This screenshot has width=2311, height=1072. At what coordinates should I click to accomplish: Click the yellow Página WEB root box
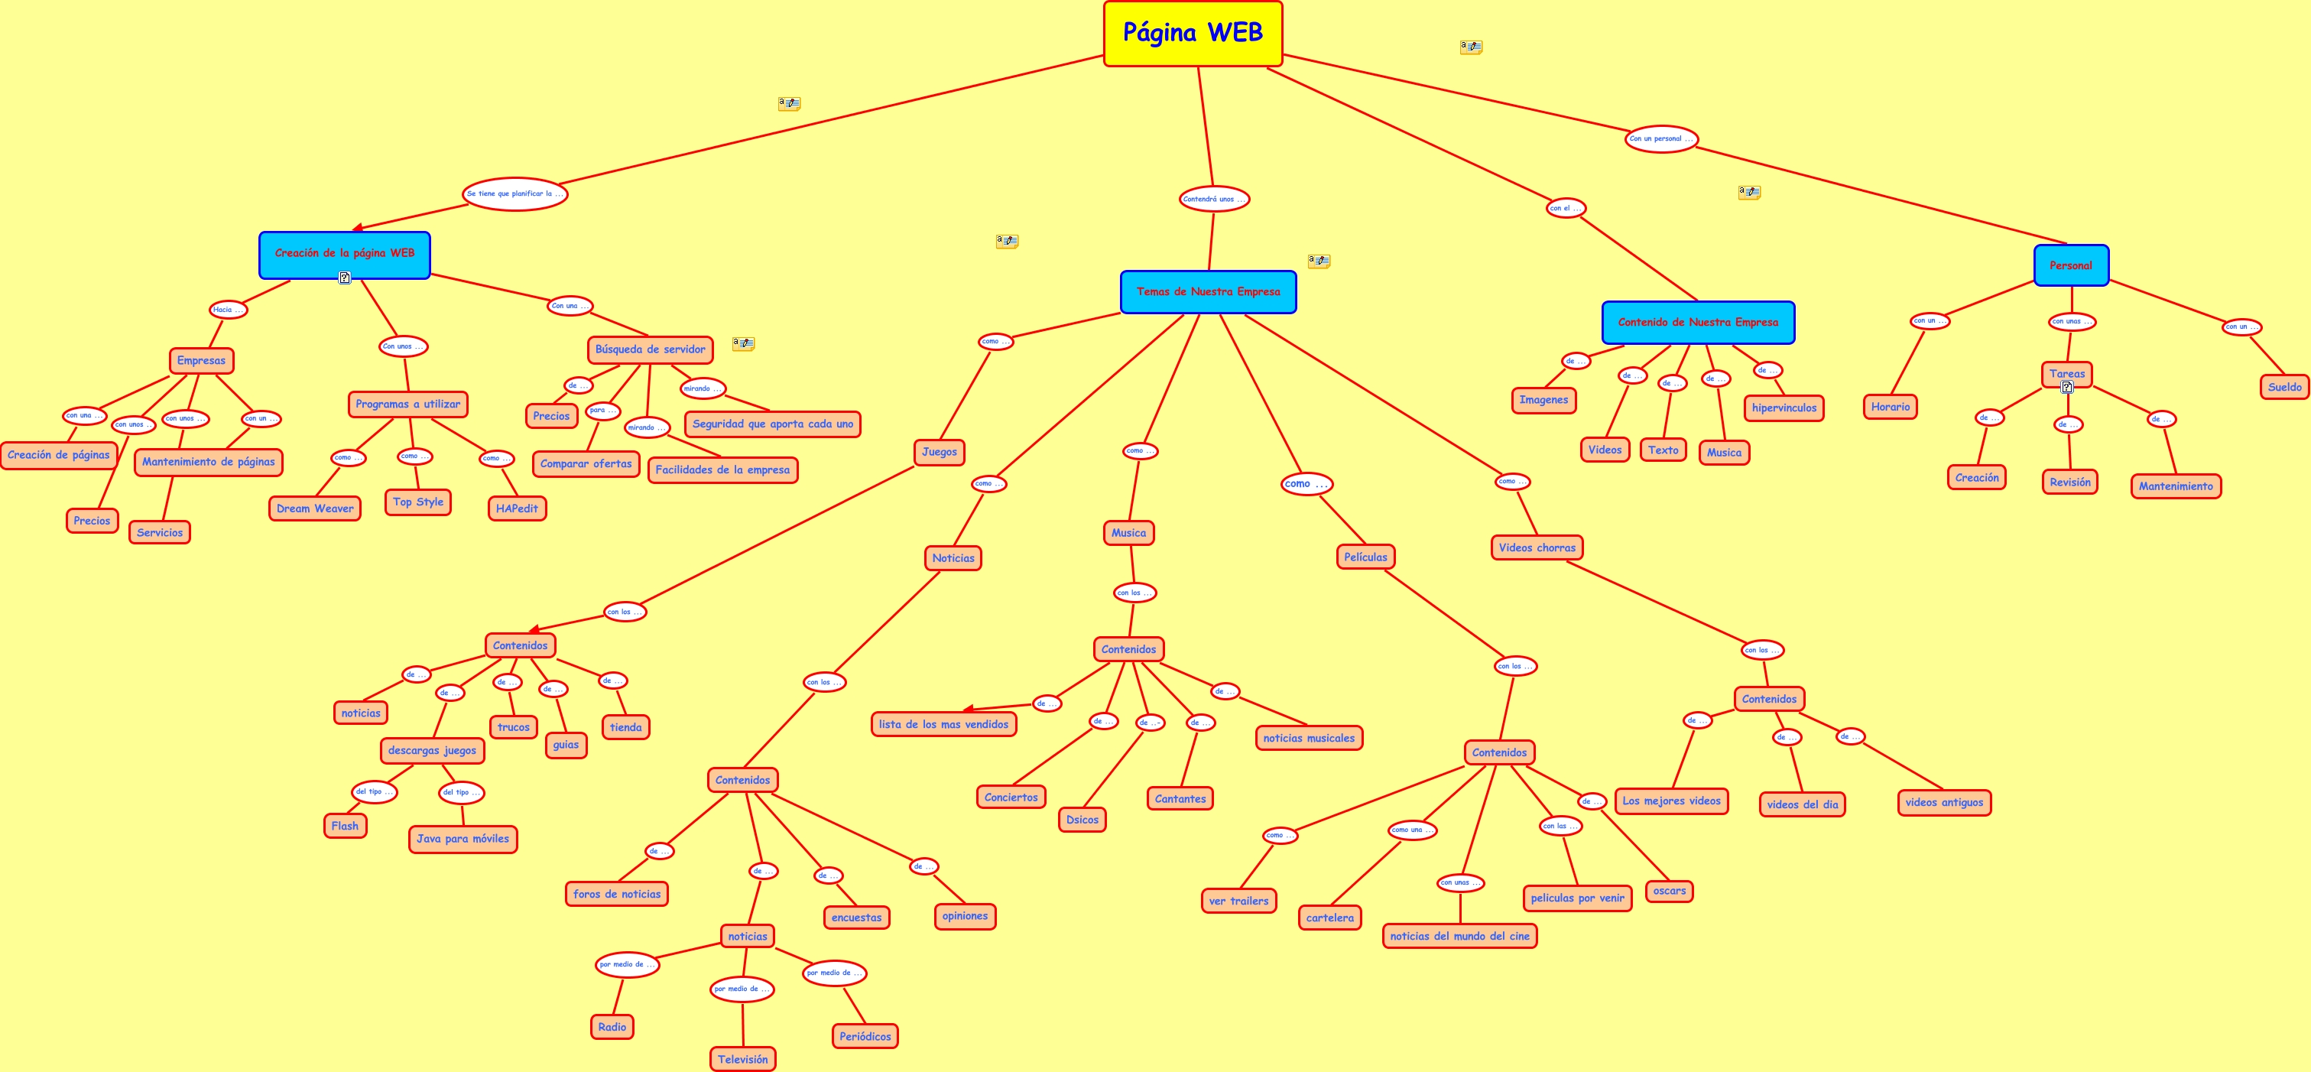tap(1193, 33)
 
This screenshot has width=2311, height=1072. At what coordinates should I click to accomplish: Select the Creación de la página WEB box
tap(345, 254)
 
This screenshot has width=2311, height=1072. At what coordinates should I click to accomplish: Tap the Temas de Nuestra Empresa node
tap(1208, 291)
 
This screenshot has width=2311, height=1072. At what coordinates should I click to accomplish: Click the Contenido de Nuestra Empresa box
tap(1697, 322)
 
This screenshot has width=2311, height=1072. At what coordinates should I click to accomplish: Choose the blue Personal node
tap(2070, 265)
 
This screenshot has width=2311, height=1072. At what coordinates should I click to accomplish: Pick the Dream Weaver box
tap(315, 508)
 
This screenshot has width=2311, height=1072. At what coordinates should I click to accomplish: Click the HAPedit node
tap(517, 508)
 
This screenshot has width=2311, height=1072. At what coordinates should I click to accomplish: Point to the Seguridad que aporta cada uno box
tap(772, 424)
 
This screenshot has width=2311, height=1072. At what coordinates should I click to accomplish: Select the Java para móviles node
tap(463, 839)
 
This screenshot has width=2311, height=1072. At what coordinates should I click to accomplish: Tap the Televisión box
tap(743, 1060)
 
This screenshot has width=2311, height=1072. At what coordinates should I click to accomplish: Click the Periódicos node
tap(865, 1036)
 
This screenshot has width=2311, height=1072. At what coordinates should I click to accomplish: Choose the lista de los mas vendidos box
tap(944, 724)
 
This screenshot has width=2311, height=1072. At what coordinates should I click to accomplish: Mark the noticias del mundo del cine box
tap(1459, 936)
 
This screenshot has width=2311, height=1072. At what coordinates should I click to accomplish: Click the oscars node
tap(1670, 891)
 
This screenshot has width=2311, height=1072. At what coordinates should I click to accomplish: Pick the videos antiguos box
tap(1944, 802)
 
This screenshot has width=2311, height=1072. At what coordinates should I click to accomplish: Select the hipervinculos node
tap(1784, 408)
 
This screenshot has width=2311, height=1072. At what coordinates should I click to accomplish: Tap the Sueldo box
tap(2284, 388)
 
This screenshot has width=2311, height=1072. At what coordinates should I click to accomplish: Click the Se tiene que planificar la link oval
tap(515, 193)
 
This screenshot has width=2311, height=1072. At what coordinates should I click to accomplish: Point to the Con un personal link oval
tap(1660, 139)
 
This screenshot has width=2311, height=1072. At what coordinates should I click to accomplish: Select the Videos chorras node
tap(1537, 547)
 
